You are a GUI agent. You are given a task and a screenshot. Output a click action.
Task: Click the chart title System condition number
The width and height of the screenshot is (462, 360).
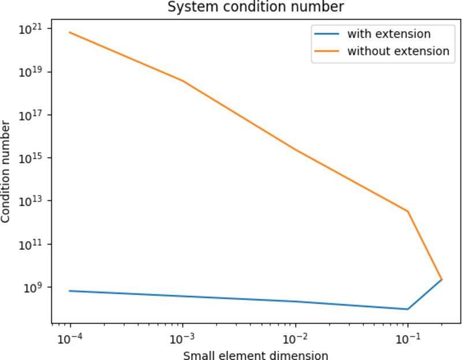(255, 7)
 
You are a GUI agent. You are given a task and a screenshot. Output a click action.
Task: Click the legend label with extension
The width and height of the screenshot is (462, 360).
(389, 34)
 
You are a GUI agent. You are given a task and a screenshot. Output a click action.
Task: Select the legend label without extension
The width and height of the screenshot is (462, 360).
(398, 51)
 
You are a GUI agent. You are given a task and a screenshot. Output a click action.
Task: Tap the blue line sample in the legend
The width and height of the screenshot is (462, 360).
(327, 34)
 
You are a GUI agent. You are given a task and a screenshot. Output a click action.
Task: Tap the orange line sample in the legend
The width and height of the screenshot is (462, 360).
(327, 51)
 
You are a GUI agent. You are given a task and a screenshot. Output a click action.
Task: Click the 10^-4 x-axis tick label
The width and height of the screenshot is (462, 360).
(70, 336)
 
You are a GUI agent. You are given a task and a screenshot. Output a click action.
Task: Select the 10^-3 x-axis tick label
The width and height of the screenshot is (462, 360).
(183, 336)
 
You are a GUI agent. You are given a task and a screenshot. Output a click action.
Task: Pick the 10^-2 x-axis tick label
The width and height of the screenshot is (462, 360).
(296, 336)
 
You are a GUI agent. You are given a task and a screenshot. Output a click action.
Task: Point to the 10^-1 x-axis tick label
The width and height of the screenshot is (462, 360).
(408, 336)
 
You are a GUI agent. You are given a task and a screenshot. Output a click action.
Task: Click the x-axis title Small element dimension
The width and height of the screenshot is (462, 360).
(255, 355)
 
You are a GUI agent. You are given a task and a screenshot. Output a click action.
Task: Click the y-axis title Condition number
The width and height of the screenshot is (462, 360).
(6, 172)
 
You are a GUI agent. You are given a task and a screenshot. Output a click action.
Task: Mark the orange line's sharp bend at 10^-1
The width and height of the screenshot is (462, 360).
(408, 212)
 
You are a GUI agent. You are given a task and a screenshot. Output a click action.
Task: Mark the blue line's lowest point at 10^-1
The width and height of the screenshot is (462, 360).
(408, 309)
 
